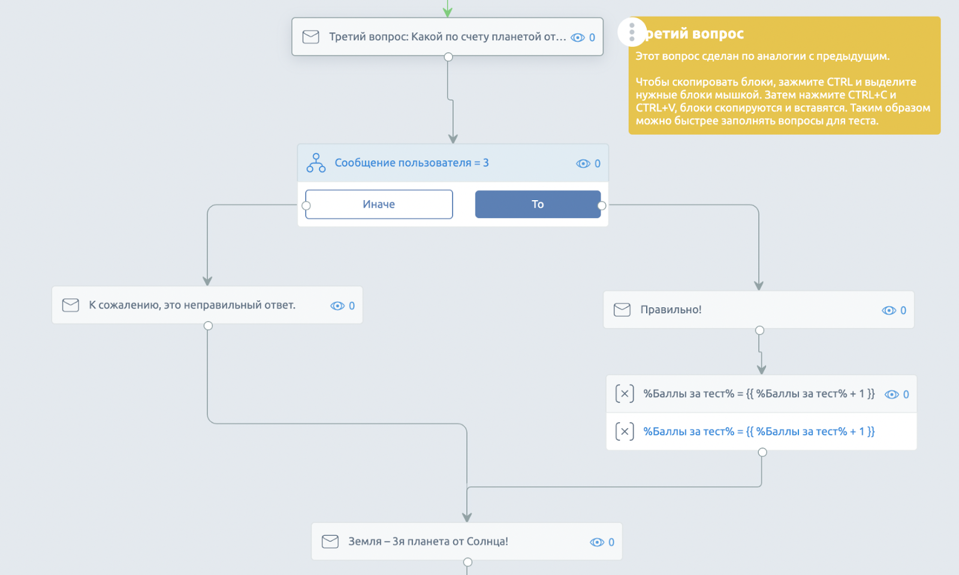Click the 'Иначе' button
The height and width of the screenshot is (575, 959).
(x=379, y=204)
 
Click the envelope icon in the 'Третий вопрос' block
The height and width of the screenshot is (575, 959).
(x=311, y=37)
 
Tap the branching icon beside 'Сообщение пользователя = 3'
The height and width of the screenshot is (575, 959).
(x=316, y=163)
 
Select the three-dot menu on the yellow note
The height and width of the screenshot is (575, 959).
(x=632, y=32)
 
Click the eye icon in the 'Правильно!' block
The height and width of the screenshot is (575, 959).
(x=889, y=310)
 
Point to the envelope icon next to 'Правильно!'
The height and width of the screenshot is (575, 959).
(x=622, y=310)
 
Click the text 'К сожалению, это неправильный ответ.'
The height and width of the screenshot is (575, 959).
(x=192, y=305)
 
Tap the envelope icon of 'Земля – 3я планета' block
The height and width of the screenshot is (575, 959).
(x=330, y=541)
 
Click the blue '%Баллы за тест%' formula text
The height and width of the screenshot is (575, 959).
(x=759, y=431)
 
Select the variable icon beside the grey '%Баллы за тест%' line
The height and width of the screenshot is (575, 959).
(x=625, y=394)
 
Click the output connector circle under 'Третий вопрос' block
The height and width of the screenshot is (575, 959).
(x=448, y=57)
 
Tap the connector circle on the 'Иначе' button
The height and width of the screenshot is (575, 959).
(x=306, y=205)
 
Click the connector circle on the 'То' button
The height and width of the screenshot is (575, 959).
(x=602, y=205)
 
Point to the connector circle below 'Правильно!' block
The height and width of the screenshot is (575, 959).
(x=759, y=330)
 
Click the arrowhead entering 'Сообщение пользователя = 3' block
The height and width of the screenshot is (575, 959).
(x=453, y=139)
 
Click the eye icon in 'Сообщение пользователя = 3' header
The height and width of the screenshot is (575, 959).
(x=583, y=164)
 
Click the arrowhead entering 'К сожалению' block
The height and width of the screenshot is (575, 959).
(x=207, y=281)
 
